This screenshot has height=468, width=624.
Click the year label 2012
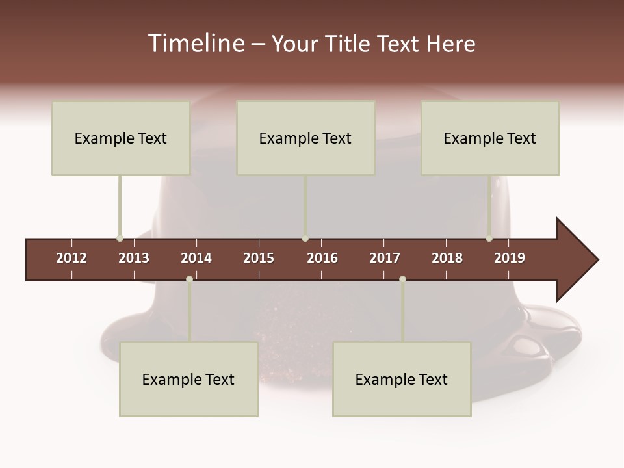[71, 258]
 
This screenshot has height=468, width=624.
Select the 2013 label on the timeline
[134, 258]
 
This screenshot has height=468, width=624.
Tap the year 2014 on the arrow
[196, 258]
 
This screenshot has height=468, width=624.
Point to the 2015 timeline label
[259, 258]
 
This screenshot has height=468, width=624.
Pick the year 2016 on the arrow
[322, 258]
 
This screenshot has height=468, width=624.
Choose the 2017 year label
[385, 258]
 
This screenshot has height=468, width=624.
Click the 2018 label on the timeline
[447, 258]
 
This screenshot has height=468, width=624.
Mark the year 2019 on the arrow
[510, 258]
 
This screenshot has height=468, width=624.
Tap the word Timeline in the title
[196, 44]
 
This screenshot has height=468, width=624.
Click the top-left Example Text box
[121, 138]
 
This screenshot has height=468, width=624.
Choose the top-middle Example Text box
[305, 138]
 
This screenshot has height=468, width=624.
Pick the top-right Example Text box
[490, 138]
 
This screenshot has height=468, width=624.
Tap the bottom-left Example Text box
[188, 380]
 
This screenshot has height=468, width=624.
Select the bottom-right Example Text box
[402, 380]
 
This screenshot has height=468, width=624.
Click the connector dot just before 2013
[120, 239]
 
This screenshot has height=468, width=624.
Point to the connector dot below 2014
[189, 279]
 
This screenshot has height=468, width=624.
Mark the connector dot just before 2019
[489, 239]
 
